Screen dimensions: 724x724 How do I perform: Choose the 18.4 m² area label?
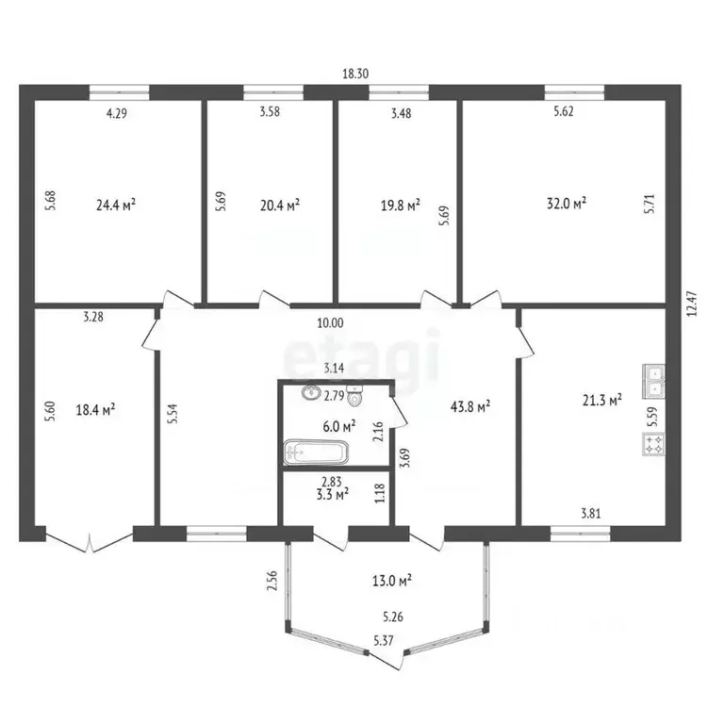(94, 409)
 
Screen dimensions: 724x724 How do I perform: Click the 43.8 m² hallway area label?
(469, 406)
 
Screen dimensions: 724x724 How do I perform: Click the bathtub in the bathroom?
(317, 452)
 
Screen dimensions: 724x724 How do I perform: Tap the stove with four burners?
(654, 441)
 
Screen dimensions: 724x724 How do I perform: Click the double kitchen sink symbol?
(654, 380)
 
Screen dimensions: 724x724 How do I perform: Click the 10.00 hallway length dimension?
(330, 322)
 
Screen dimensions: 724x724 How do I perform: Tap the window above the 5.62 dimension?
(573, 92)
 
